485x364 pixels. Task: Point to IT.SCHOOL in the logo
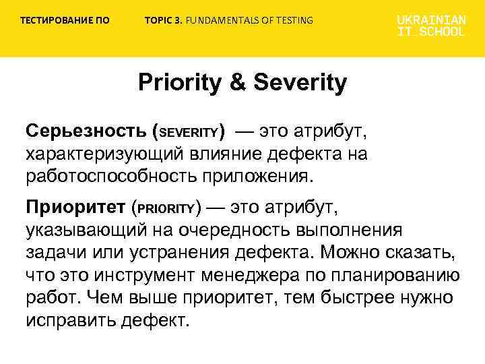pos(430,32)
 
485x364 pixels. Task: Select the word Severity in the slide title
pos(300,84)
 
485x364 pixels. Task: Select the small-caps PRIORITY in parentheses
pos(166,207)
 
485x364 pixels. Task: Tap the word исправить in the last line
pos(70,320)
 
